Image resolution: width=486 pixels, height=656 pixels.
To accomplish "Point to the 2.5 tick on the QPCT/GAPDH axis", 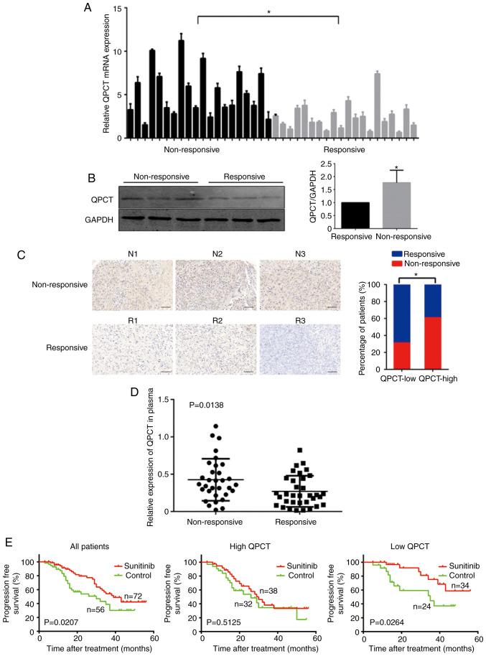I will pyautogui.click(x=316, y=164).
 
